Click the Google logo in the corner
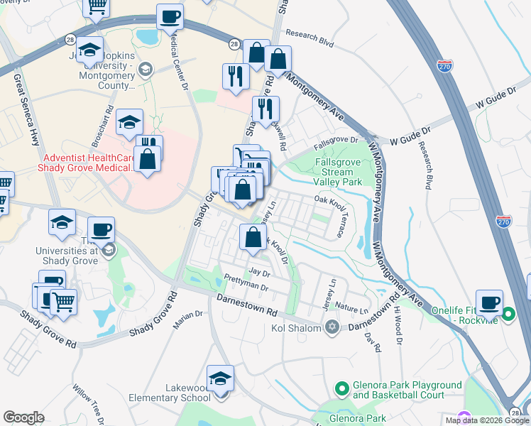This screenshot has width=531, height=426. tap(23, 417)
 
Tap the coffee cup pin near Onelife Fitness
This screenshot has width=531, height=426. tap(488, 302)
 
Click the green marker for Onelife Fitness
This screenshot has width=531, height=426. tap(508, 314)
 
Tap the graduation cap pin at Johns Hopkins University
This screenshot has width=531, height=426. tap(90, 50)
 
